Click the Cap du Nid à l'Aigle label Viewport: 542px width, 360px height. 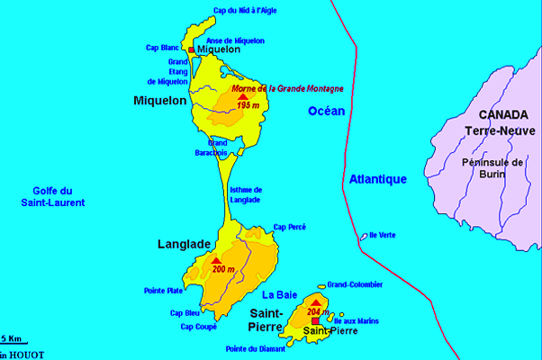tap(245, 11)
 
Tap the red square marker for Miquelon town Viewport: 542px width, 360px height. tap(191, 49)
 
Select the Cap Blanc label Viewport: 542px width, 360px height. tap(162, 47)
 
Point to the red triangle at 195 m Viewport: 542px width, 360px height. tap(242, 97)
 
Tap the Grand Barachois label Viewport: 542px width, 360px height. tap(218, 148)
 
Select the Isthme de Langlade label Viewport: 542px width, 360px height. tap(245, 194)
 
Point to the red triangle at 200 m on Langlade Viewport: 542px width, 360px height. tap(216, 261)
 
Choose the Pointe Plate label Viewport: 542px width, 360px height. tap(163, 290)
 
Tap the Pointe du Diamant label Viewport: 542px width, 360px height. tap(249, 348)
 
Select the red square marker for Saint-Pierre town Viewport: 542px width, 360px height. tap(314, 320)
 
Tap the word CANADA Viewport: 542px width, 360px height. tap(502, 115)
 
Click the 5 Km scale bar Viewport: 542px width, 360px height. tap(15, 343)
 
